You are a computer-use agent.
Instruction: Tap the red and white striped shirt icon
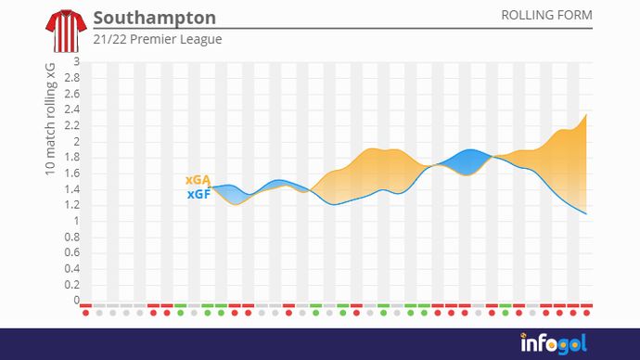63,31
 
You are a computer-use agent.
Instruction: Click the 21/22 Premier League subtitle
158,40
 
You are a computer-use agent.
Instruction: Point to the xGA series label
198,180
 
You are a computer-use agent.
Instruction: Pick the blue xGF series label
198,195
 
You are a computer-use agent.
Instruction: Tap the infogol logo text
552,343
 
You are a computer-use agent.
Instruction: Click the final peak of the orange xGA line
586,114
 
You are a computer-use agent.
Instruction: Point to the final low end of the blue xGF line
586,214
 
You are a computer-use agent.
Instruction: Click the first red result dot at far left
85,313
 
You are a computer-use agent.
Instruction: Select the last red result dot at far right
586,313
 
